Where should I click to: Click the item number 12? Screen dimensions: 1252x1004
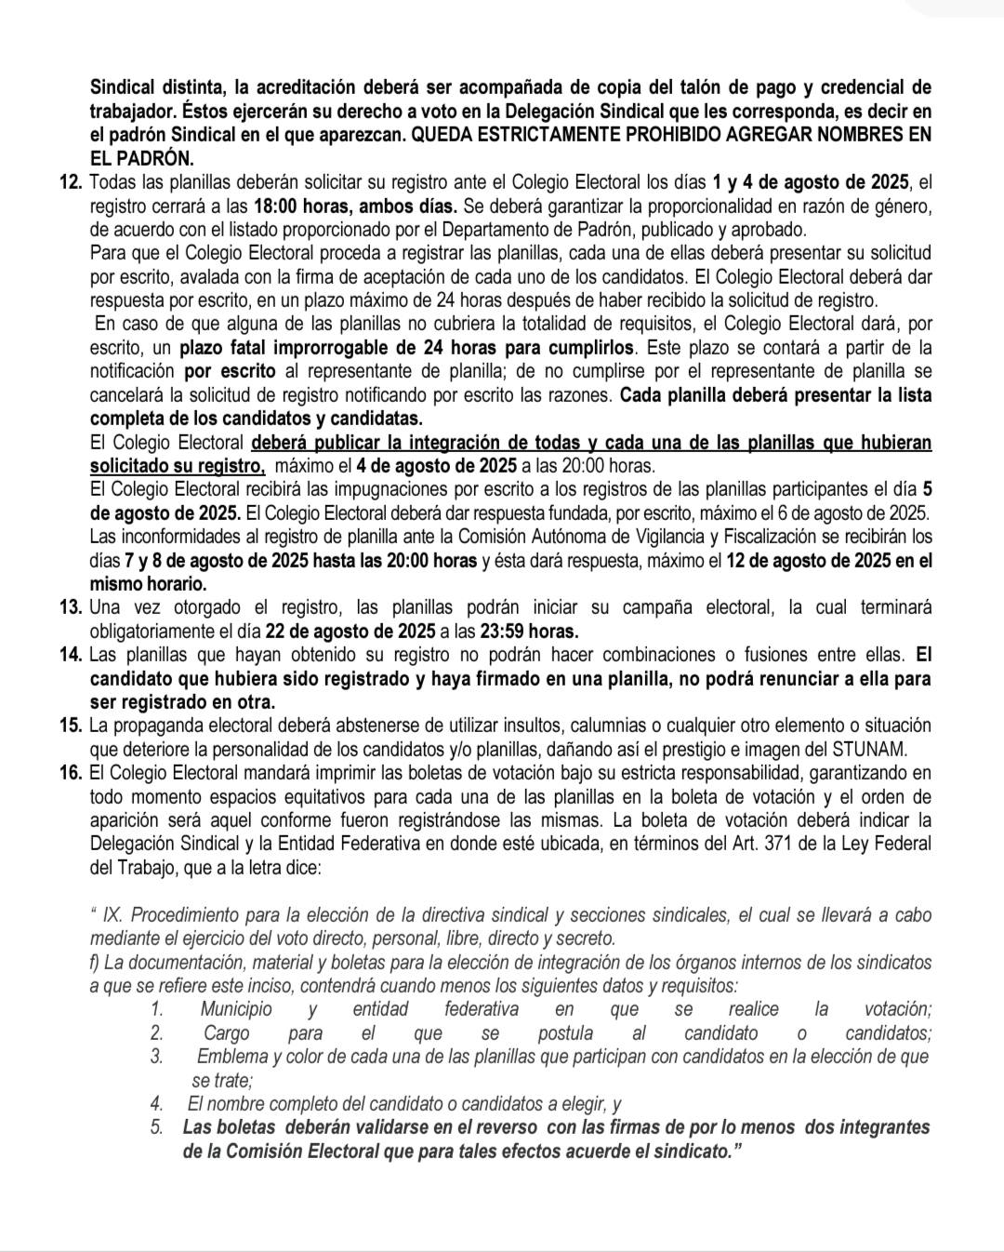tap(70, 180)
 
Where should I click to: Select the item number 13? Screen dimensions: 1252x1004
tap(70, 608)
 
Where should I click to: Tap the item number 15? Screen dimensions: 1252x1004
tap(70, 726)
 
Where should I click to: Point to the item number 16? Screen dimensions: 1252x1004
tap(70, 773)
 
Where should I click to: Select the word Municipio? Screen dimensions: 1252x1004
tap(236, 1009)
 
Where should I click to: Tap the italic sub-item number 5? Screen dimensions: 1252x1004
tap(156, 1127)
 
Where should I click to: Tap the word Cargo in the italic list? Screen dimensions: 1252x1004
tap(226, 1033)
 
